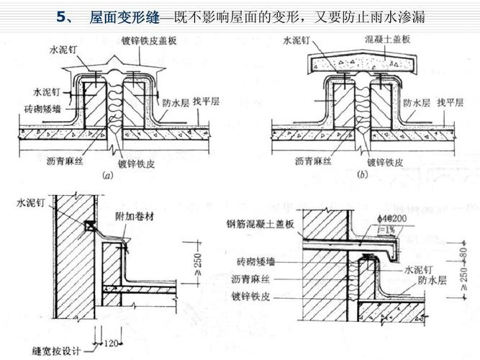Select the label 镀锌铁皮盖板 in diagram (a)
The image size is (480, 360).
click(x=167, y=38)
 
